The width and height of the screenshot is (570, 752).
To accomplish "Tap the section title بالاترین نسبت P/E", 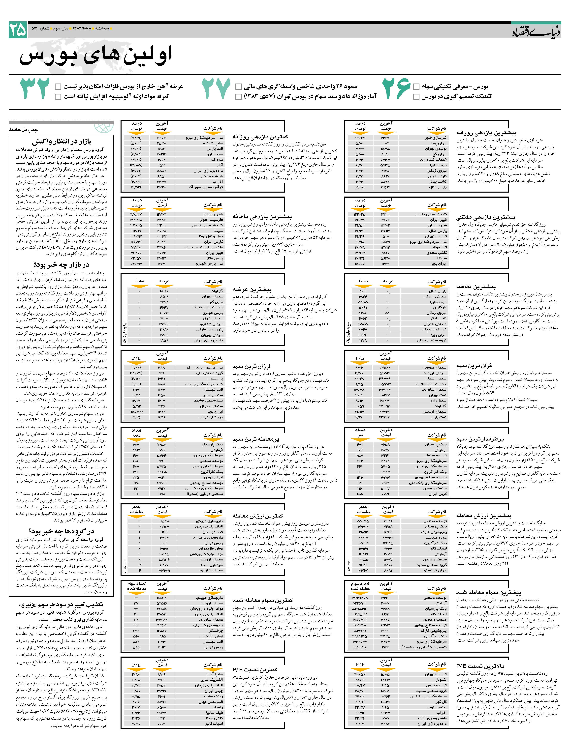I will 480,666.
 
